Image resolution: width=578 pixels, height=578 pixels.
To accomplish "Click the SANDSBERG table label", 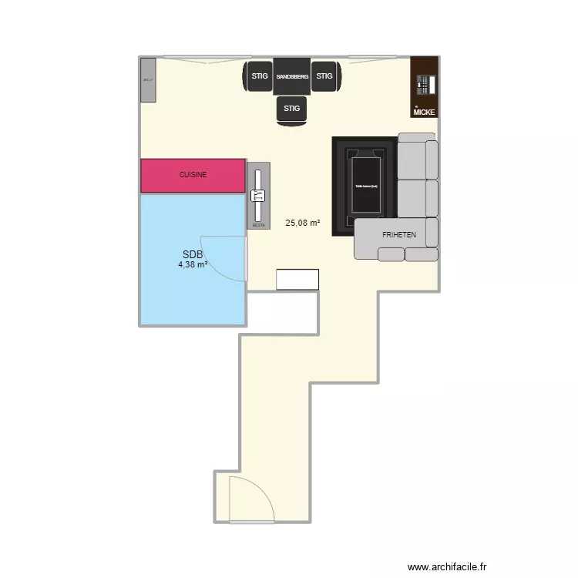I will point(292,77).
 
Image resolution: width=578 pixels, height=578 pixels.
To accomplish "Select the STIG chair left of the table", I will point(259,76).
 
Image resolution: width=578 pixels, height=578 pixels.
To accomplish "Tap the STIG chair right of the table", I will point(324,76).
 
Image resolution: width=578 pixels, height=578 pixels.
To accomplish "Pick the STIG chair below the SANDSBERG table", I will point(291,109).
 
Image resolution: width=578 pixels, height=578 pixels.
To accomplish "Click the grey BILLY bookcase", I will point(148,79).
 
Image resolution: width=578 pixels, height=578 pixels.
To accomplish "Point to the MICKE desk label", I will point(424,113).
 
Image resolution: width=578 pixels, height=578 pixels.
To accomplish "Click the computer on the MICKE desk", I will point(423,85).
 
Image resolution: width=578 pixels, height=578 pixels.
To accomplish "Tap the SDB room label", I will point(192,255).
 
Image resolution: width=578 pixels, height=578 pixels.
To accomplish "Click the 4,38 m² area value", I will point(193,265).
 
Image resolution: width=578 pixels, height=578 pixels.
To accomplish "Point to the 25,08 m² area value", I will point(302,223).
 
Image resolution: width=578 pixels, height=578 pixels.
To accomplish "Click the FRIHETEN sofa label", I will point(398,234).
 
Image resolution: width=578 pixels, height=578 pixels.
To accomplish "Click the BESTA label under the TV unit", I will point(259,225).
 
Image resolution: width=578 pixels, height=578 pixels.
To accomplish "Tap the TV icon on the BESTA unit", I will point(258,196).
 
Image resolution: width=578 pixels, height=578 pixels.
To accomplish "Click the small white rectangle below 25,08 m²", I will point(297,279).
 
